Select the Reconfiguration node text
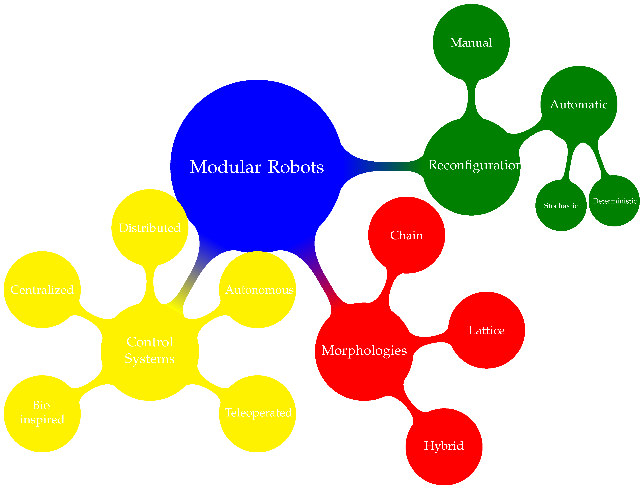tap(474, 165)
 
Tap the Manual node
tap(471, 43)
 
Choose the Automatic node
tap(578, 104)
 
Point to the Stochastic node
tap(561, 206)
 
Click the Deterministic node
tap(614, 201)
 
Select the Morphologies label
tap(364, 350)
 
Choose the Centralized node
tap(42, 290)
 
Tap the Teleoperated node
tap(258, 412)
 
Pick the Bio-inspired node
tap(42, 412)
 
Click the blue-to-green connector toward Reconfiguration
tap(383, 166)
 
